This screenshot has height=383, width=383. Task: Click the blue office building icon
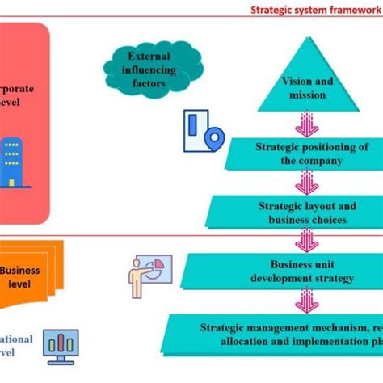11,162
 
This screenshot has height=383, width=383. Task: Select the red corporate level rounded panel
24,121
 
